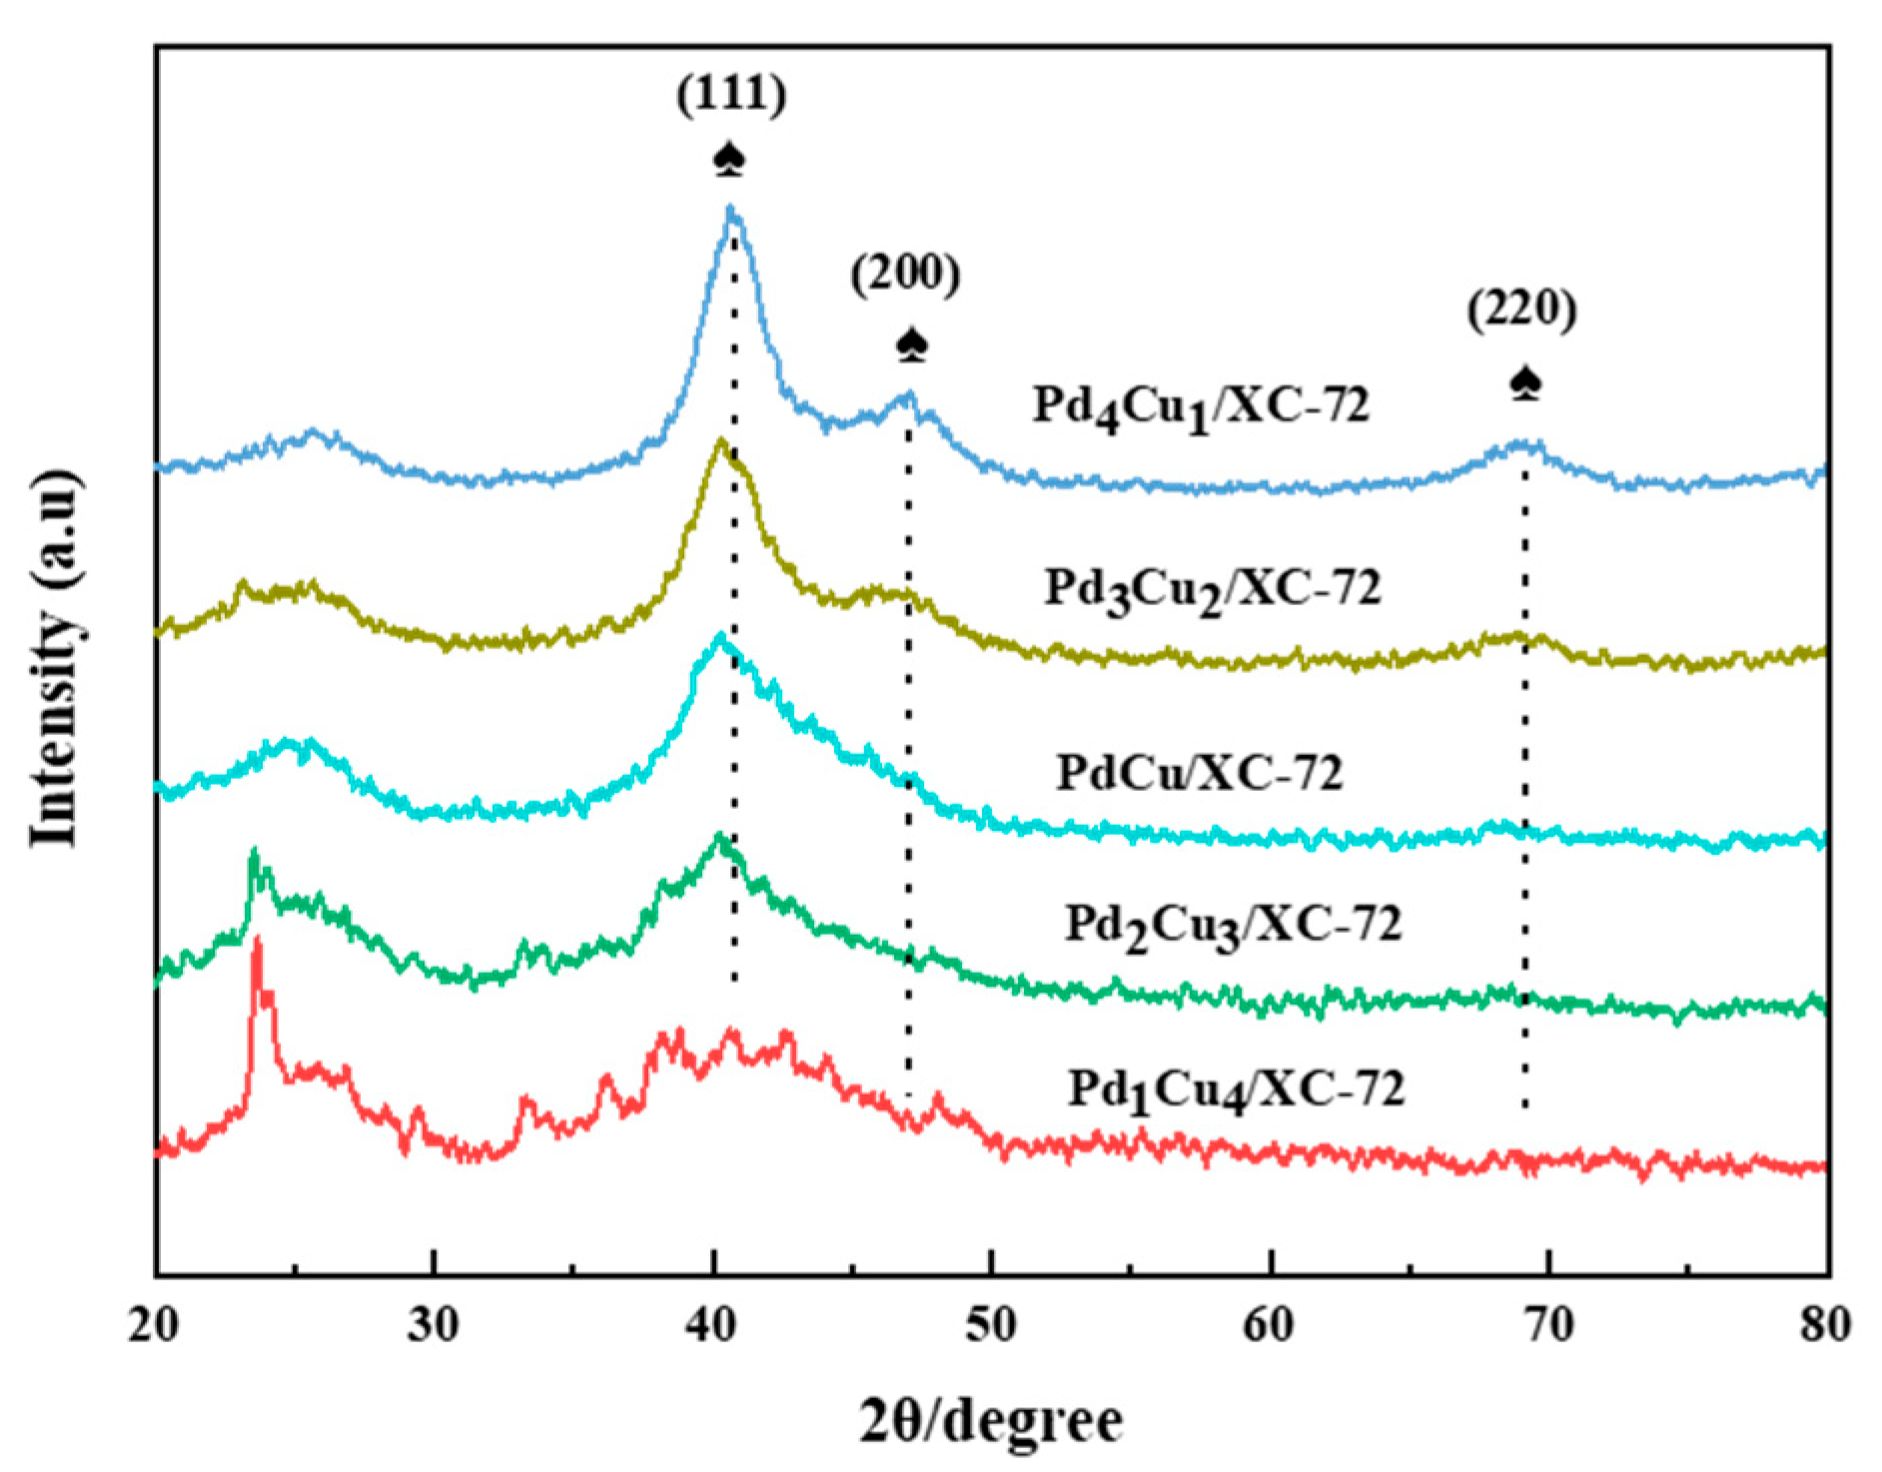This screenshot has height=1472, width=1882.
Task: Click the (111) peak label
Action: pos(731,96)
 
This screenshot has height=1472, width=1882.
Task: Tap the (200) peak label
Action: pos(905,274)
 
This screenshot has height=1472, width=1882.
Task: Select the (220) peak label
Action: pos(1521,311)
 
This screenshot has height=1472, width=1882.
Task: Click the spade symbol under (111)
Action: pos(730,160)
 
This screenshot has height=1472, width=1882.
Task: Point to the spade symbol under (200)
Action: pos(912,346)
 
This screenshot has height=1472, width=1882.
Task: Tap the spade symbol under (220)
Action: pos(1525,383)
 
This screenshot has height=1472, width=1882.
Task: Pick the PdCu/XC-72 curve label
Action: pos(1199,773)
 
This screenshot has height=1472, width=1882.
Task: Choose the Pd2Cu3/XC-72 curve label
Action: pos(1233,925)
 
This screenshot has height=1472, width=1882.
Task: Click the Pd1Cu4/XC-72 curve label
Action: pos(1236,1090)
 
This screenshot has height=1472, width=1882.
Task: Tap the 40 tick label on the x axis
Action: pos(712,1324)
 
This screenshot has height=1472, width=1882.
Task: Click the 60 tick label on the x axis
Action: pos(1269,1324)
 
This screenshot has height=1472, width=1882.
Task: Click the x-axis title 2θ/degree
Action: pos(991,1421)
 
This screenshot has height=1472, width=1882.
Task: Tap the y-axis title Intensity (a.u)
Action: pos(54,659)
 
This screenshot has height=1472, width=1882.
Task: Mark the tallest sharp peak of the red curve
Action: pos(258,941)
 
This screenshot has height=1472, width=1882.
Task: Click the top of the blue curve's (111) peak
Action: pos(731,210)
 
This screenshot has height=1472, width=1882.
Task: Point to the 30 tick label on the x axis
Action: pos(434,1324)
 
